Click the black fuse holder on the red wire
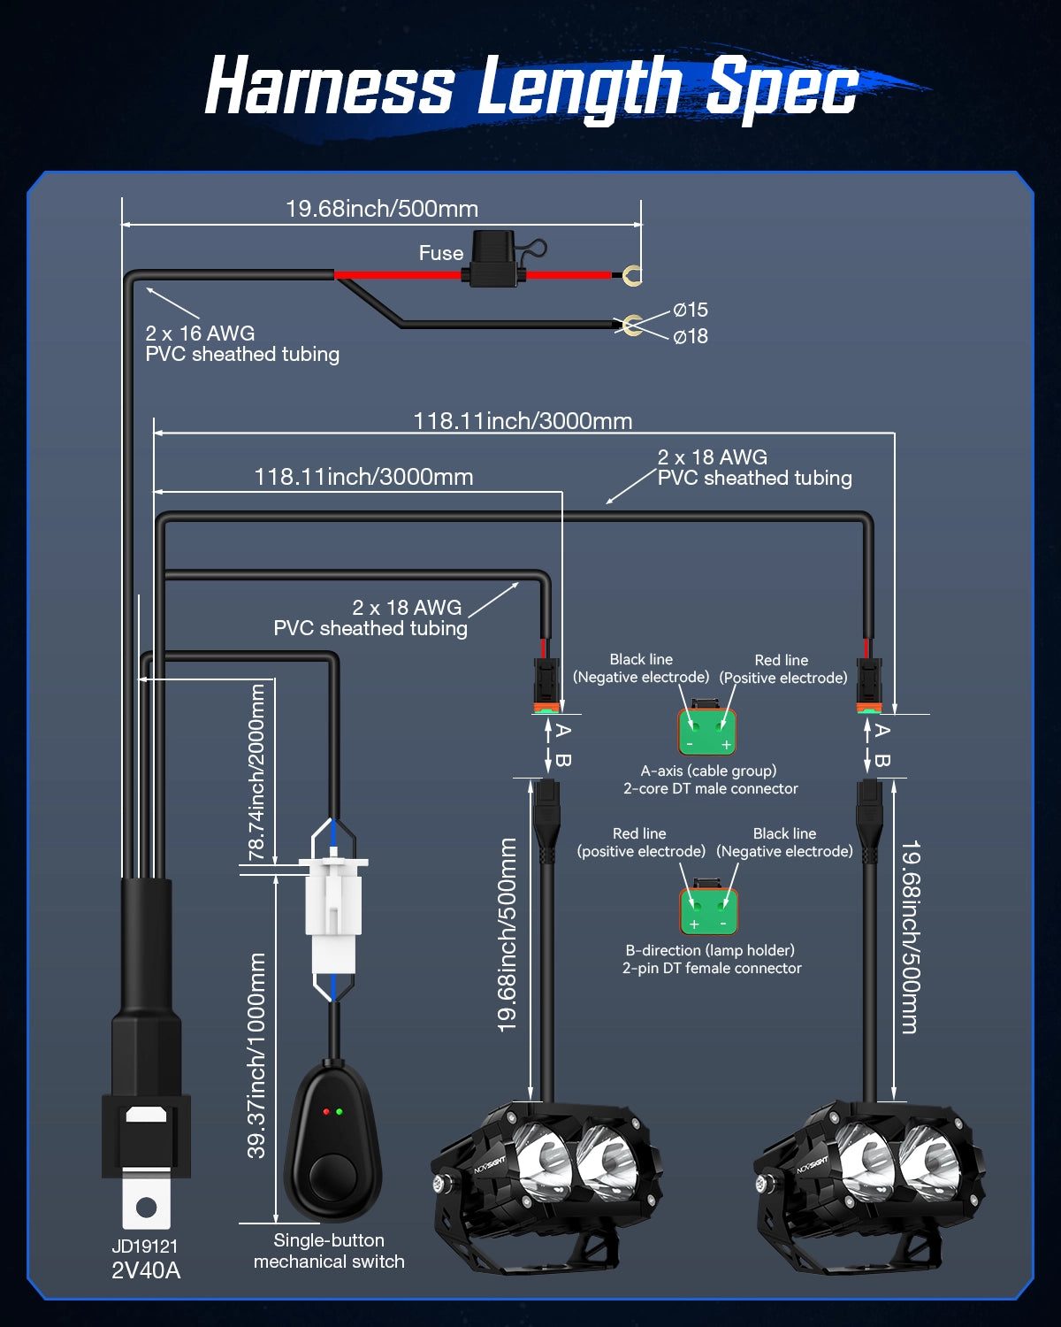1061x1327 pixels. coord(492,262)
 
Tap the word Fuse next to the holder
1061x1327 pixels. coord(440,253)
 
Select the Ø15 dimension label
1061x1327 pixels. coord(690,310)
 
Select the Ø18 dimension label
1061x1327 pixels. coord(690,336)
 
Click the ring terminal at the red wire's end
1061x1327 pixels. coord(630,276)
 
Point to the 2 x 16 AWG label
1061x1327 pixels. coord(200,334)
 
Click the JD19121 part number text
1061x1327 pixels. coord(145,1246)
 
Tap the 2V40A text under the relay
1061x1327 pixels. coord(146,1270)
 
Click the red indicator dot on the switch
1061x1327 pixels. coord(326,1111)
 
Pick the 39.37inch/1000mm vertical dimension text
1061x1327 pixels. coord(256,1055)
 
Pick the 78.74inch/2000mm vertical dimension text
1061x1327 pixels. coord(256,771)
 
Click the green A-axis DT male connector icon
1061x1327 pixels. coord(707,731)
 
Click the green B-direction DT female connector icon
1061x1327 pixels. coord(707,909)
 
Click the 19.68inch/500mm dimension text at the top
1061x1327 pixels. coord(381,209)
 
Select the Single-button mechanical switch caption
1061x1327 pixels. coord(329,1251)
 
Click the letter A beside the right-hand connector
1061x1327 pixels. coord(882,731)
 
